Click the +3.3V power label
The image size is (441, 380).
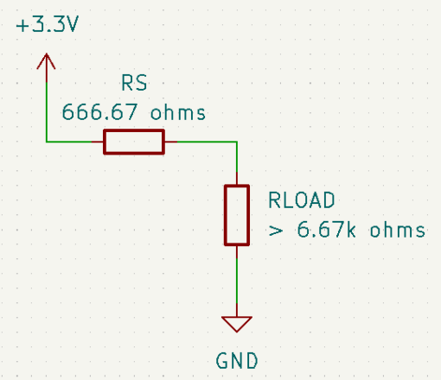[48, 24]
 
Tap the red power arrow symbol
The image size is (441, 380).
[46, 67]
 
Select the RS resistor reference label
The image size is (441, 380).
[134, 83]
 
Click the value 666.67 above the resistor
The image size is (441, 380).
[99, 112]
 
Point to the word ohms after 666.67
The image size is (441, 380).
[178, 112]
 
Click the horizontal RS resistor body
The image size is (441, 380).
[134, 142]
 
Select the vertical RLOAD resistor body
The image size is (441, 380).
[237, 215]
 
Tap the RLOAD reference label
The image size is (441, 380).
[302, 200]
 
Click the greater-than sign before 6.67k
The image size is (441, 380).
[276, 231]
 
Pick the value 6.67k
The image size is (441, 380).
[326, 230]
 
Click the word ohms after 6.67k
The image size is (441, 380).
[398, 230]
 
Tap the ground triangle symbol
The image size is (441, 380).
[237, 324]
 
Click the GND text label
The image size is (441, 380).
[237, 361]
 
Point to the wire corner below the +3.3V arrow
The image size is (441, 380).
[46, 142]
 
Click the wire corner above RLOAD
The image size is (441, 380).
[237, 142]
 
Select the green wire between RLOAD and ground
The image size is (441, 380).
[237, 281]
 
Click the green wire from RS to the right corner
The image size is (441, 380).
[207, 142]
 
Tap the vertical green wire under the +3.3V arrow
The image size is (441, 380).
[46, 111]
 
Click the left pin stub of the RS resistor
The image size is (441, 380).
[98, 142]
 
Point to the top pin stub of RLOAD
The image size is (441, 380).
[237, 179]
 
